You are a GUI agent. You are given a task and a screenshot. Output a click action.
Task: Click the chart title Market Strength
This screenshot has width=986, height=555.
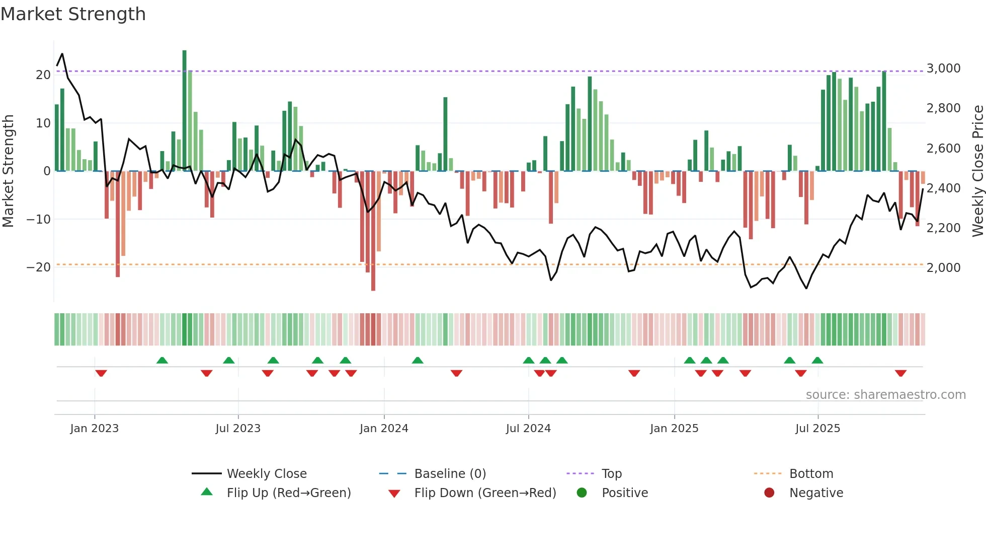(73, 14)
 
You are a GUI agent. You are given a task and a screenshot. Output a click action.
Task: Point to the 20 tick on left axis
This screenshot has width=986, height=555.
(43, 75)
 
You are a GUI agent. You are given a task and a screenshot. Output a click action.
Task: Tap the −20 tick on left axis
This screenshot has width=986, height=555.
(39, 267)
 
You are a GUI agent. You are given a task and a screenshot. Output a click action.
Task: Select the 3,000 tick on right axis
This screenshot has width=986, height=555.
(943, 68)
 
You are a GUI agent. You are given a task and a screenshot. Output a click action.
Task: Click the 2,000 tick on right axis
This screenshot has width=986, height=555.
(943, 268)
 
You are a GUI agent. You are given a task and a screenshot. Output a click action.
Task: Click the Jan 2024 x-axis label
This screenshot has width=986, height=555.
(384, 429)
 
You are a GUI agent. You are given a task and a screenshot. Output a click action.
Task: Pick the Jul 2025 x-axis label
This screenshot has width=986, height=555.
(817, 429)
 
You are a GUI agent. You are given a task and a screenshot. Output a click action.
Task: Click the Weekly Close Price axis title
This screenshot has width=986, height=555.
(977, 171)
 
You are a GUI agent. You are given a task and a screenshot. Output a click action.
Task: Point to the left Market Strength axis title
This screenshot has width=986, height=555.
(8, 171)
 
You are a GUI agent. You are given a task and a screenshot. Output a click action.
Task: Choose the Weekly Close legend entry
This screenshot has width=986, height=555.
(266, 474)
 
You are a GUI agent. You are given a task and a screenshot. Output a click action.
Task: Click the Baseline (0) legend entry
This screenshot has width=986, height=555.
(450, 474)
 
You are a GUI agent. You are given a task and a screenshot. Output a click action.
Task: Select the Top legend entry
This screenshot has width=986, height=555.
(611, 474)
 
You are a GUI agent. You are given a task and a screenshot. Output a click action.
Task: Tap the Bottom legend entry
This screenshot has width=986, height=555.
(811, 474)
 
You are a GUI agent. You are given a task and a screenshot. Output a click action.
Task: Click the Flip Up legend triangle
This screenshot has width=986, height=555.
(207, 492)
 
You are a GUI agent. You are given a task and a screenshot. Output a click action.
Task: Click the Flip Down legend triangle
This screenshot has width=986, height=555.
(394, 494)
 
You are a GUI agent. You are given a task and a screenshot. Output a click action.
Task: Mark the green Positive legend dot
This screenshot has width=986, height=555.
(582, 493)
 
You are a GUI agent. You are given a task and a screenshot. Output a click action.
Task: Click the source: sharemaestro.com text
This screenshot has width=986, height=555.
(885, 395)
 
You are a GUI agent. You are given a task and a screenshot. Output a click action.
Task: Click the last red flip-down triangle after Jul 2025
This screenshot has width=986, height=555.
(900, 373)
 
